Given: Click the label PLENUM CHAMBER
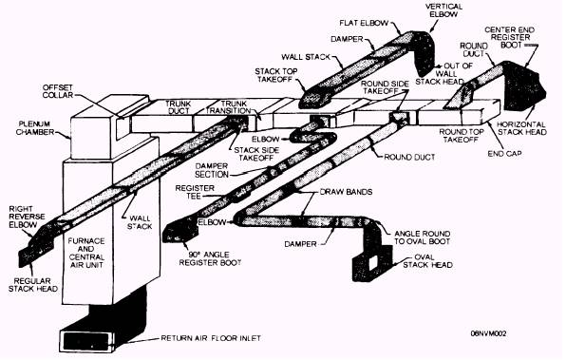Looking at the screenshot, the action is click(x=35, y=128).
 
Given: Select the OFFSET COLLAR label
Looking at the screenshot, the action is click(x=58, y=91).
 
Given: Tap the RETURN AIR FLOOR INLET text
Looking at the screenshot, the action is click(x=211, y=338).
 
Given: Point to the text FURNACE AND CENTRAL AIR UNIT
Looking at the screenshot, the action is click(x=86, y=253).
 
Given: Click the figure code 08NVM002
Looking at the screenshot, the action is click(x=488, y=333).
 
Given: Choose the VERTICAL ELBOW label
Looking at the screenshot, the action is click(x=443, y=10).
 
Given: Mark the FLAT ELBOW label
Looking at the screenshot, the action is click(x=364, y=23).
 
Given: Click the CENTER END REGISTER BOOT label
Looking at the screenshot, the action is click(x=509, y=37).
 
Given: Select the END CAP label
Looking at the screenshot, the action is click(x=504, y=154).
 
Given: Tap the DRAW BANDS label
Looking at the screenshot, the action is click(x=346, y=191).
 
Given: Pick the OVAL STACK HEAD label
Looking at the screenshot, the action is click(x=427, y=261).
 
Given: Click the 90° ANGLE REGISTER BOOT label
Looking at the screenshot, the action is click(x=210, y=258).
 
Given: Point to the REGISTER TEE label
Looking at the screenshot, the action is click(x=195, y=192).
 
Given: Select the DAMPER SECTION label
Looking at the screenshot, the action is click(x=212, y=170).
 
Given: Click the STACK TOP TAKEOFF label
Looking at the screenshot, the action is click(x=276, y=75).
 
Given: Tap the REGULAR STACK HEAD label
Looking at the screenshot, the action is click(x=33, y=285).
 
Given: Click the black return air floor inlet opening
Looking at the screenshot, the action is click(x=85, y=340).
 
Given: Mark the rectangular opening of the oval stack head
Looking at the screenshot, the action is click(x=372, y=262).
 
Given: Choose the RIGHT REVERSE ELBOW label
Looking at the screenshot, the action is click(x=28, y=217).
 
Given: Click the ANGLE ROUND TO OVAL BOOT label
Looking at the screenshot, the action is click(x=423, y=237).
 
